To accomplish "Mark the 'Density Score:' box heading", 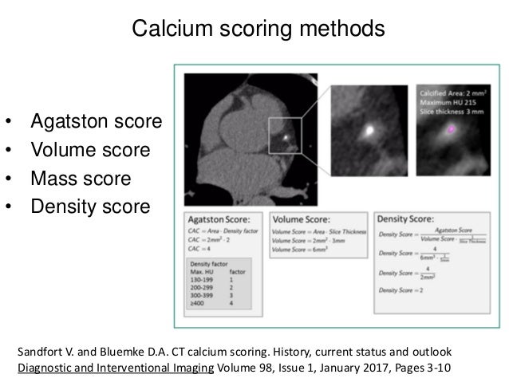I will click(x=404, y=216).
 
